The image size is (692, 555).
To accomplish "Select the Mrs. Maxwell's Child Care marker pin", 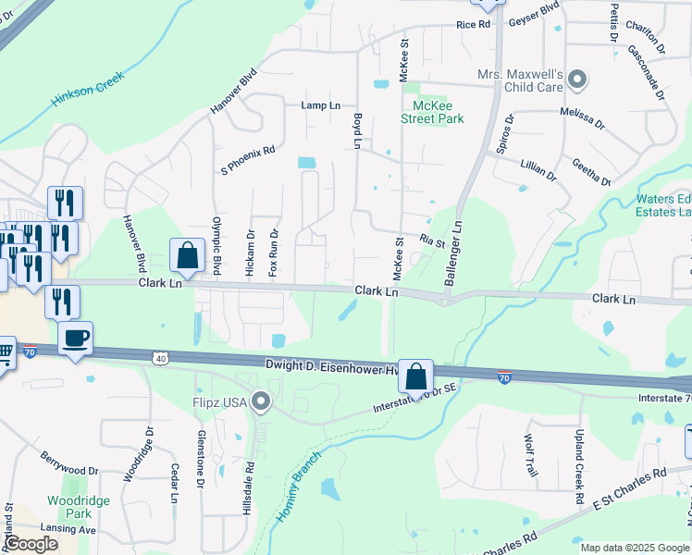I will pyautogui.click(x=578, y=80).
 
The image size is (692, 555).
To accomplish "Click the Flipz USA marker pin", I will pyautogui.click(x=261, y=401).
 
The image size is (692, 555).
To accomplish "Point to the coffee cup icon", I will pyautogui.click(x=76, y=338).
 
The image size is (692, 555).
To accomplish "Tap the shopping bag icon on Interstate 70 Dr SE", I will pyautogui.click(x=416, y=376).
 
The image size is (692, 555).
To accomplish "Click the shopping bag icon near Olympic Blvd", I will pyautogui.click(x=187, y=255).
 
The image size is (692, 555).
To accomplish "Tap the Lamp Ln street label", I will pyautogui.click(x=321, y=105).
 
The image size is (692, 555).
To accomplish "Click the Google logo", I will pyautogui.click(x=31, y=544).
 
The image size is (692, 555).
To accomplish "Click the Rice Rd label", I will pyautogui.click(x=472, y=25).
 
